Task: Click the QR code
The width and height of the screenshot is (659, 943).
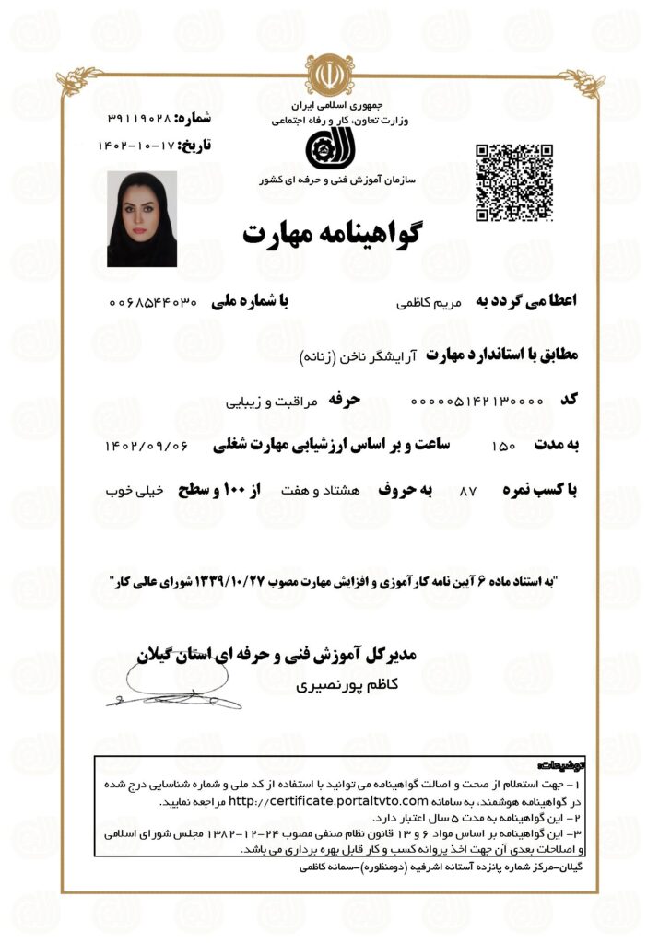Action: pos(513,182)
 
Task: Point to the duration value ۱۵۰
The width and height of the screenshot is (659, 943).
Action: pos(505,447)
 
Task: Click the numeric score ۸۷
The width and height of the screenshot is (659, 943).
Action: pos(467,493)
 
